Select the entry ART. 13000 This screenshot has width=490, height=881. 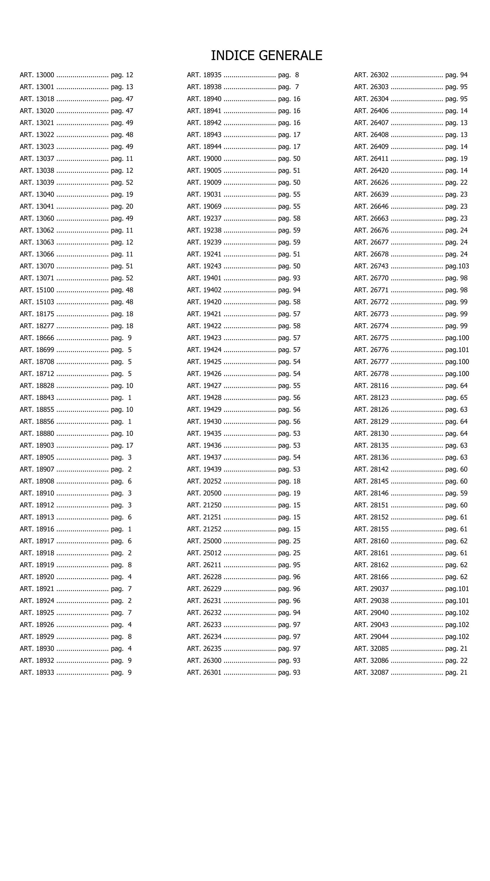point(37,75)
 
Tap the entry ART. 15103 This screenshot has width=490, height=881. point(37,302)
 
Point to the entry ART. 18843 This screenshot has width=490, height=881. point(37,398)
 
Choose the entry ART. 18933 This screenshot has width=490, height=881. point(37,672)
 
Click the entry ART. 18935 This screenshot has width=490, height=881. point(204,75)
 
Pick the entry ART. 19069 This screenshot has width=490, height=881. point(204,207)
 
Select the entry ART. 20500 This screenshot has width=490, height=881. point(204,493)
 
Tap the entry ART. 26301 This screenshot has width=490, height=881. point(204,672)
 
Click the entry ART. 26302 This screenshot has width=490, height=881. point(371,75)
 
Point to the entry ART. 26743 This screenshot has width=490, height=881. point(371,266)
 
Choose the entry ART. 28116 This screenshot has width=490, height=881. point(371,386)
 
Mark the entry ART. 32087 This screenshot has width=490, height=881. point(371,672)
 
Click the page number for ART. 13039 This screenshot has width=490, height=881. point(122,183)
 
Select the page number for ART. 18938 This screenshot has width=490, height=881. point(289,87)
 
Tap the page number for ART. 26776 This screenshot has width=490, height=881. point(457,350)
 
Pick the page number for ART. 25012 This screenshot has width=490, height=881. point(289,553)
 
